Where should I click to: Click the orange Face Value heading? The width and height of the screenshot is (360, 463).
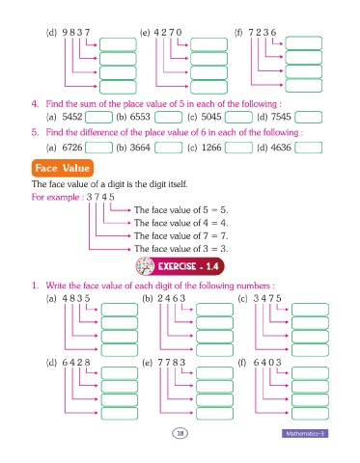click(x=63, y=168)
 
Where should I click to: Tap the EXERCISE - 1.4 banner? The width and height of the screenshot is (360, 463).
click(x=180, y=266)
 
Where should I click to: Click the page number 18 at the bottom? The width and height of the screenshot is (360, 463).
click(x=180, y=433)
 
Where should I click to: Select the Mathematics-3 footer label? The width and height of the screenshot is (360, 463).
click(x=305, y=433)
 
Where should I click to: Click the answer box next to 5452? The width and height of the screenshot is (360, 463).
click(x=98, y=117)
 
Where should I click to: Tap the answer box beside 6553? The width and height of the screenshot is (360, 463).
click(x=168, y=117)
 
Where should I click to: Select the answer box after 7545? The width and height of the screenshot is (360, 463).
click(x=309, y=117)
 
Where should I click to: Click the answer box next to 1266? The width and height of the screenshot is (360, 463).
click(x=238, y=148)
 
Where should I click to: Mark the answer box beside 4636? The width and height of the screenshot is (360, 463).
click(x=309, y=148)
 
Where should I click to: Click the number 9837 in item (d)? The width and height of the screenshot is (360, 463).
click(x=76, y=33)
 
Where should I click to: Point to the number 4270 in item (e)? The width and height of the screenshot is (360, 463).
click(x=168, y=33)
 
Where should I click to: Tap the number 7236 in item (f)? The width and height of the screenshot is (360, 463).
click(x=263, y=33)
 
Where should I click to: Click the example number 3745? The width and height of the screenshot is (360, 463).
click(x=100, y=197)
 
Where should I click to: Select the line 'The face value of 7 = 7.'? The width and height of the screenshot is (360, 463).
click(x=181, y=235)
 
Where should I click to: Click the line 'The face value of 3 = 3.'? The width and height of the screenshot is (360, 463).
click(x=181, y=249)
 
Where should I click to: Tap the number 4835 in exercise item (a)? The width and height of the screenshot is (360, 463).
click(x=76, y=298)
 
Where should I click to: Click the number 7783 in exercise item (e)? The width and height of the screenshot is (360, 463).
click(x=172, y=363)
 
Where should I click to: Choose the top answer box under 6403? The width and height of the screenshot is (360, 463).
click(x=310, y=373)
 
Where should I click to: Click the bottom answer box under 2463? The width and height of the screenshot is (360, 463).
click(x=214, y=350)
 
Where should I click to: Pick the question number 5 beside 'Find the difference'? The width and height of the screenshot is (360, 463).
click(x=35, y=132)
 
